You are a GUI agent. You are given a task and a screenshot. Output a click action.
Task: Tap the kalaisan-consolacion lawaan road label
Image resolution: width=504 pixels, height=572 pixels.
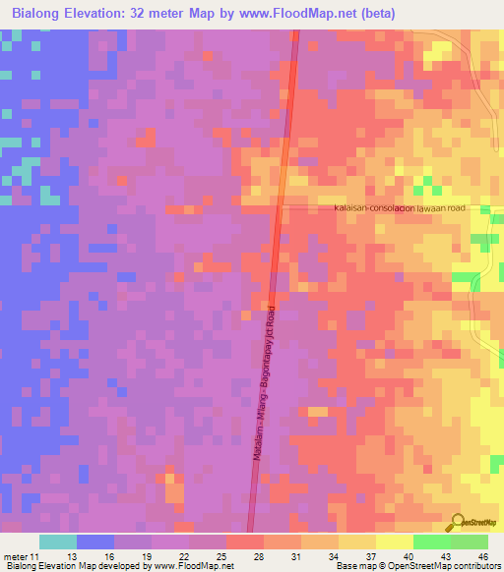[412, 208]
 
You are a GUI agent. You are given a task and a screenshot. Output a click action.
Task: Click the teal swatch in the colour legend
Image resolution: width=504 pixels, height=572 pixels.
[58, 542]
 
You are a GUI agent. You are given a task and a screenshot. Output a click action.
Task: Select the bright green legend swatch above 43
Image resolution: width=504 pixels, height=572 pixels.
[432, 542]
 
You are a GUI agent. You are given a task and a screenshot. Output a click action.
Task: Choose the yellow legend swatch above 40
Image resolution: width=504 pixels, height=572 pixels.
[395, 542]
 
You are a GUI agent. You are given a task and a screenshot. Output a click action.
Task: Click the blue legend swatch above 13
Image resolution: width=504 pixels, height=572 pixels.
[95, 542]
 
